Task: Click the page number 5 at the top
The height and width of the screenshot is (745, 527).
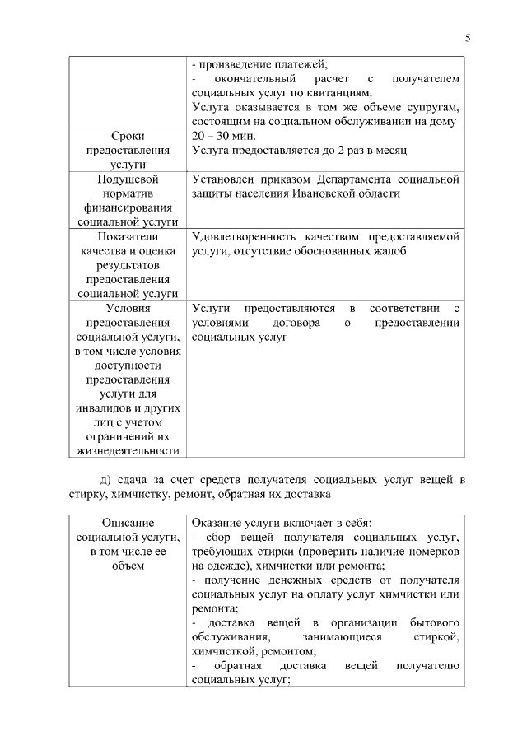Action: (x=468, y=38)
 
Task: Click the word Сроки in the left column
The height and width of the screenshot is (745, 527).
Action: (x=128, y=135)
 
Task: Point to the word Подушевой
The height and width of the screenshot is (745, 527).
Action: (x=128, y=179)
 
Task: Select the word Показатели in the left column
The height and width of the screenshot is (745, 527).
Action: (x=128, y=237)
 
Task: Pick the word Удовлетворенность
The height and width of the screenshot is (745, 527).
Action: (x=248, y=237)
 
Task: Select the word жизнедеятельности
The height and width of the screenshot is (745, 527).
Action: (x=128, y=450)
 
